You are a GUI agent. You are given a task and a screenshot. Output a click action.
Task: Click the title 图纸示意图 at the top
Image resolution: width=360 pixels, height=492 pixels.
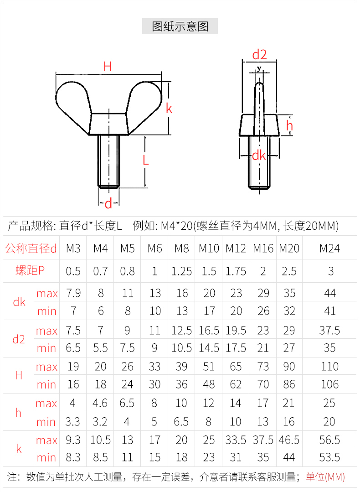tap(180, 26)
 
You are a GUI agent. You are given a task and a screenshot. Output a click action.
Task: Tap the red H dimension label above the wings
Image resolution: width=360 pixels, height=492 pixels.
tap(108, 67)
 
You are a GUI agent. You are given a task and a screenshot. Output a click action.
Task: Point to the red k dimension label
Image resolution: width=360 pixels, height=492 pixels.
tap(169, 109)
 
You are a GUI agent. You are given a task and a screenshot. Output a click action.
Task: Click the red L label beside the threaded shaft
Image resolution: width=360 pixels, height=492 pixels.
tap(145, 161)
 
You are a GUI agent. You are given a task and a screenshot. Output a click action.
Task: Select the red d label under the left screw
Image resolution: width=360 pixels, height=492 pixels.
tap(108, 204)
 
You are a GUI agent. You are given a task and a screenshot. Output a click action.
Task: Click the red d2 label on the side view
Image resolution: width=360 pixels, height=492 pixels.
tap(259, 55)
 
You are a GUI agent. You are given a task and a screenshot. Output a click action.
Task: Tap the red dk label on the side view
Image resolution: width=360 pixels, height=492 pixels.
tap(259, 155)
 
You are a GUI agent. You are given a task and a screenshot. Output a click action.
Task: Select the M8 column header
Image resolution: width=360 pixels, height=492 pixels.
tap(181, 249)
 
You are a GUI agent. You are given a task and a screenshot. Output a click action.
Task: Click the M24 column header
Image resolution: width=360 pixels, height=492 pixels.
tap(329, 249)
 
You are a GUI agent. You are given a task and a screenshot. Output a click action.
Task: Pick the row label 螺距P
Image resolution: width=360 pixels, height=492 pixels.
tap(31, 271)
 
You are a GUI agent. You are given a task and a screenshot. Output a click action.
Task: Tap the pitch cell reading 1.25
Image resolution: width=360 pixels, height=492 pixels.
tap(181, 271)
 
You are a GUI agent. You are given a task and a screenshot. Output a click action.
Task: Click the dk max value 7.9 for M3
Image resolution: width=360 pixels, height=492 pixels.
tap(73, 293)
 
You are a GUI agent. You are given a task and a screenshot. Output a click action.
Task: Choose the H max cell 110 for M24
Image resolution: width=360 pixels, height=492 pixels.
tap(329, 367)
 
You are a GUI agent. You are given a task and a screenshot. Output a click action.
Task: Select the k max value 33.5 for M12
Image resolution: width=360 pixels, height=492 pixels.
tap(236, 440)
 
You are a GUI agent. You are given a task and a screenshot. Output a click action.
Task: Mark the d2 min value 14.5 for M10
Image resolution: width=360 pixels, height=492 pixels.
tap(209, 348)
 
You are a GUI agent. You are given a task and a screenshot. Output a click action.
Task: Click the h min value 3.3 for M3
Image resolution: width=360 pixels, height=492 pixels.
tap(73, 422)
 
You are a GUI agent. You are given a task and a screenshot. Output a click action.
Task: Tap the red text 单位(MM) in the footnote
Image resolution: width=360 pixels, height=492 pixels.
tap(325, 477)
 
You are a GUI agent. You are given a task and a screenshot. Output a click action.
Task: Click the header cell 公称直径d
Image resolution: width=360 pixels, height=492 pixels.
tap(31, 249)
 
